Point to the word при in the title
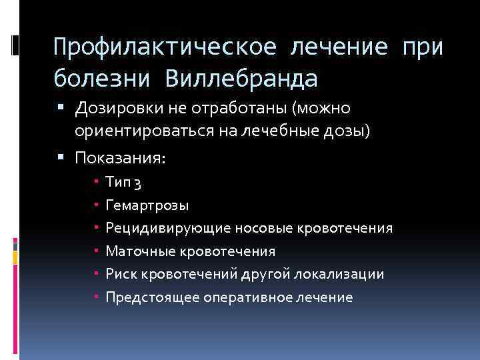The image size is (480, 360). tap(423, 48)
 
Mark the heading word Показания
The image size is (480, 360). tap(120, 158)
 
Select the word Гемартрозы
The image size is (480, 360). tap(147, 205)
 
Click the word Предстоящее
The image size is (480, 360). tap(145, 297)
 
